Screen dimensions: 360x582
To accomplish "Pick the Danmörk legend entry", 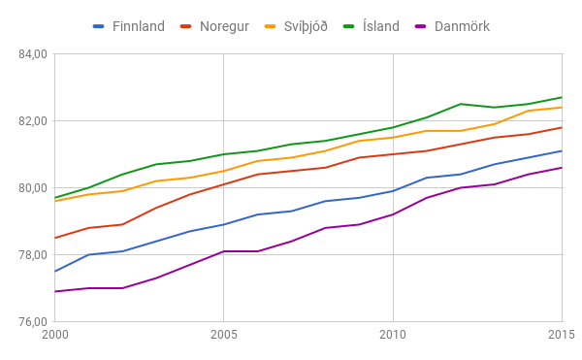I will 462,26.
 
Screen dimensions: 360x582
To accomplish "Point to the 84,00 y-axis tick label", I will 32,54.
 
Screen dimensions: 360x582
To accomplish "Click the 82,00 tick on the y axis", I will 32,121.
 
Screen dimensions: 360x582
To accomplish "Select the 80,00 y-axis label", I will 32,188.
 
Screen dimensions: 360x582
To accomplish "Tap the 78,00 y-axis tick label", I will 32,255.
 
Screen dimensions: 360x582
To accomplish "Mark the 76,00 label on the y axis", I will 32,322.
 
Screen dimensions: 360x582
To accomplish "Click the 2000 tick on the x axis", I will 55,336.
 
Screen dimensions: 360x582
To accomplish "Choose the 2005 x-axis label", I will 224,336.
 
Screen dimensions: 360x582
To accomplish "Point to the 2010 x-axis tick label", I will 393,336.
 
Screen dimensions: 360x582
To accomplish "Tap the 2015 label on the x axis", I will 561,336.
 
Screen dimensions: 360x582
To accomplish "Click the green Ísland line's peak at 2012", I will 461,104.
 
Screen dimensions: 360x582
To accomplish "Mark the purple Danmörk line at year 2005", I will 224,251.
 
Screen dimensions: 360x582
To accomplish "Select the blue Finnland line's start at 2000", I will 55,272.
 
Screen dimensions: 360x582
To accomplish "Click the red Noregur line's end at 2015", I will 562,127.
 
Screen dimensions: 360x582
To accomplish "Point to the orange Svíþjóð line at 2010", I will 393,138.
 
